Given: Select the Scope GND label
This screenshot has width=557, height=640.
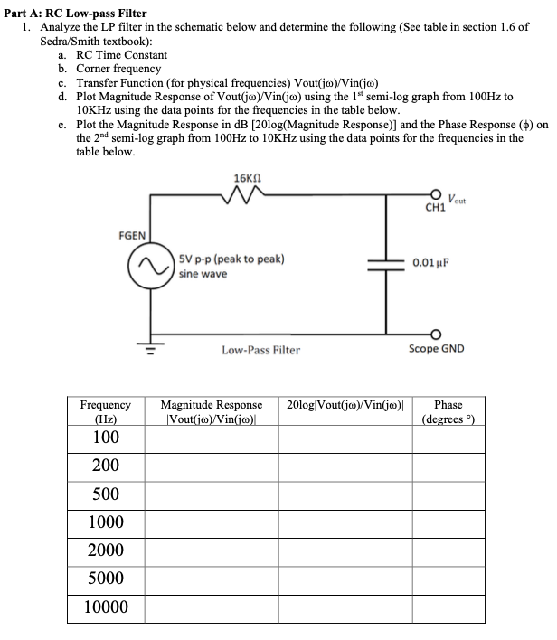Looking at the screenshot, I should click(x=436, y=348).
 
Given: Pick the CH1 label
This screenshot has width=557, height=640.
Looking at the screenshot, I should click(x=435, y=208).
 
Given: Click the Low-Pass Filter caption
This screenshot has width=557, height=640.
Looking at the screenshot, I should click(x=260, y=349).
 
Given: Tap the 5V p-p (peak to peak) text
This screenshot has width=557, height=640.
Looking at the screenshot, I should click(x=231, y=259).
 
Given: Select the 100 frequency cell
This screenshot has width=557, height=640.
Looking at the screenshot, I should click(x=106, y=438).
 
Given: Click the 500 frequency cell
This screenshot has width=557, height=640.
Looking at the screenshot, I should click(x=106, y=494).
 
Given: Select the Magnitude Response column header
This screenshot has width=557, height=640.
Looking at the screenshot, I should click(x=211, y=412).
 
